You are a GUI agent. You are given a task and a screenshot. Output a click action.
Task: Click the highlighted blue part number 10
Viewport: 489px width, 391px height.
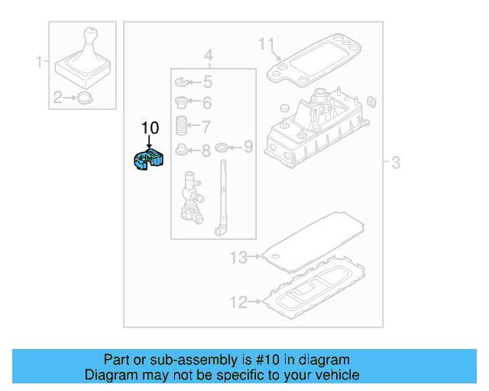pos(148,161)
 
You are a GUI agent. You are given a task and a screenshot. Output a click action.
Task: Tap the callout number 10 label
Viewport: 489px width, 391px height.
pos(150,128)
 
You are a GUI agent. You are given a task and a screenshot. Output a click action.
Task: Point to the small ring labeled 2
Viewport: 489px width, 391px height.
pos(85,97)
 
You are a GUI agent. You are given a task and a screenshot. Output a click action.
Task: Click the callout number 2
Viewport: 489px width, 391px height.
pos(57,97)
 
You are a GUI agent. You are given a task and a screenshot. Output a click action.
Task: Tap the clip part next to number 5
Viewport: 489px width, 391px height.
pos(182,82)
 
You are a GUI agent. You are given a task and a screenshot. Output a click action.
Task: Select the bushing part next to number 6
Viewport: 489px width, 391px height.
pos(182,103)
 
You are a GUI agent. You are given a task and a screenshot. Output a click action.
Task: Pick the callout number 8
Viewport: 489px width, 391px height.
pos(206,150)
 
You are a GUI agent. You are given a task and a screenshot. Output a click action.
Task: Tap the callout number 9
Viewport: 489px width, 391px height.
pos(248,146)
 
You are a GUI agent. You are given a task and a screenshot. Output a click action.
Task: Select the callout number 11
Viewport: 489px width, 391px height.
pos(265,44)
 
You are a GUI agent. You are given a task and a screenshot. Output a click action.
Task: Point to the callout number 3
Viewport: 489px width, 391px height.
pos(396,163)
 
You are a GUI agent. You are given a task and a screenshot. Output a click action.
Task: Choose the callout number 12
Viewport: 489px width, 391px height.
pos(238,302)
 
